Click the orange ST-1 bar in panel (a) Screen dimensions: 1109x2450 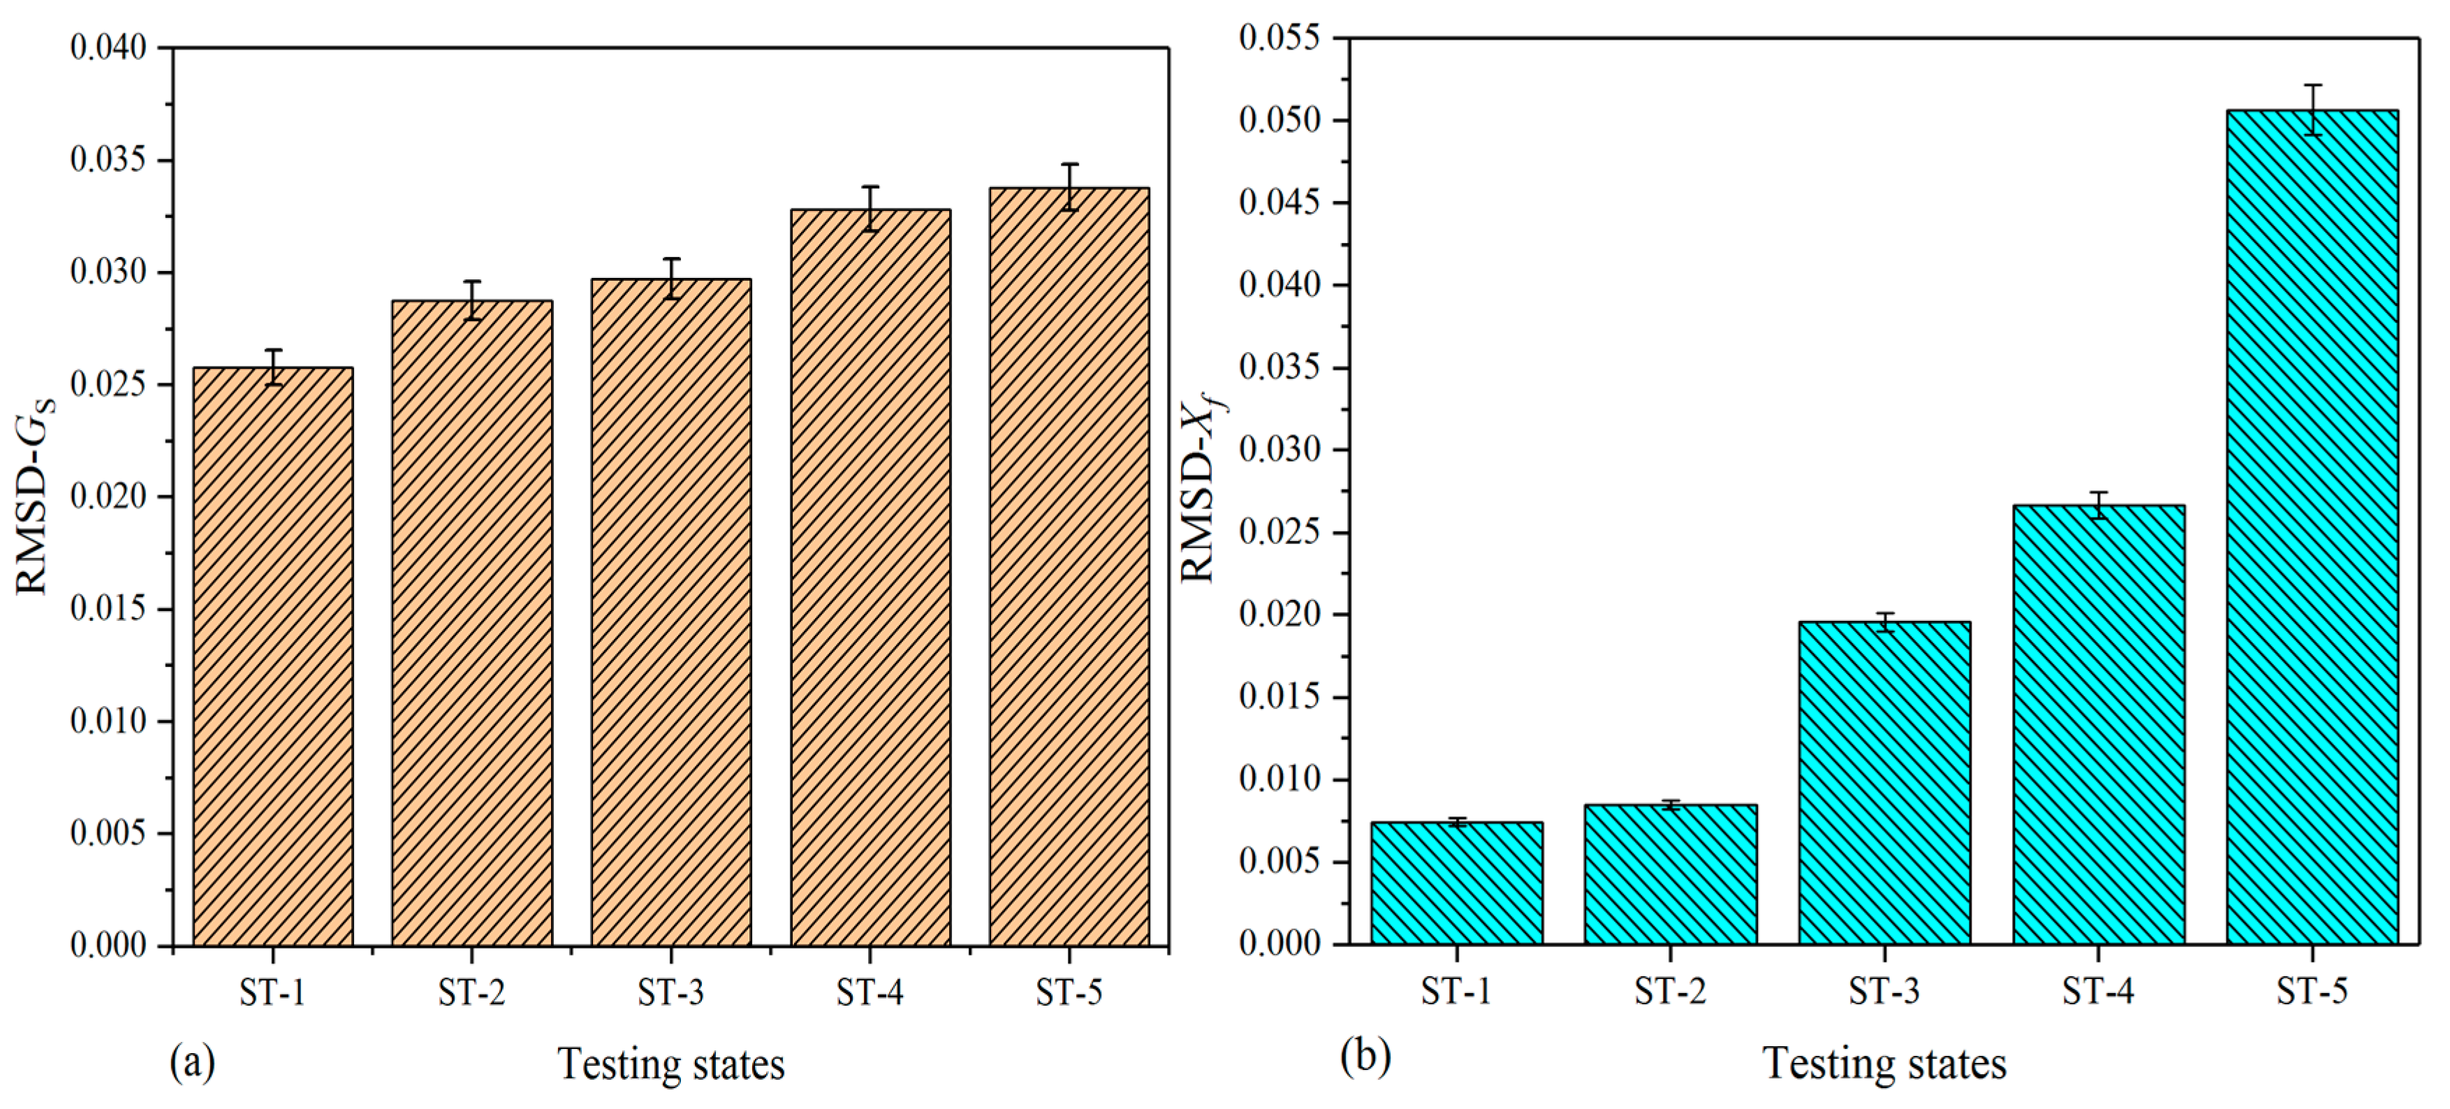click(273, 656)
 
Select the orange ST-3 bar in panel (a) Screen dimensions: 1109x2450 click(670, 612)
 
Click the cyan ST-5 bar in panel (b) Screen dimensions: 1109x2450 click(2312, 527)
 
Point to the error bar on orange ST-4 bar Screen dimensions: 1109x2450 click(870, 208)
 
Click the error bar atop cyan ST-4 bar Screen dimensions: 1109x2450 click(2098, 505)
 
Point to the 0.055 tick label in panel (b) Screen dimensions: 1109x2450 click(1279, 38)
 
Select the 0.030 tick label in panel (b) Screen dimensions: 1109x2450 click(1279, 449)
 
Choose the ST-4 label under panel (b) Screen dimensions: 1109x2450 click(2098, 991)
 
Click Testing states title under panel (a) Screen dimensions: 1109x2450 click(670, 1064)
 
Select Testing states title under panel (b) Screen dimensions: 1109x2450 click(1884, 1062)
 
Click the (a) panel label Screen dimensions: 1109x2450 click(192, 1062)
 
